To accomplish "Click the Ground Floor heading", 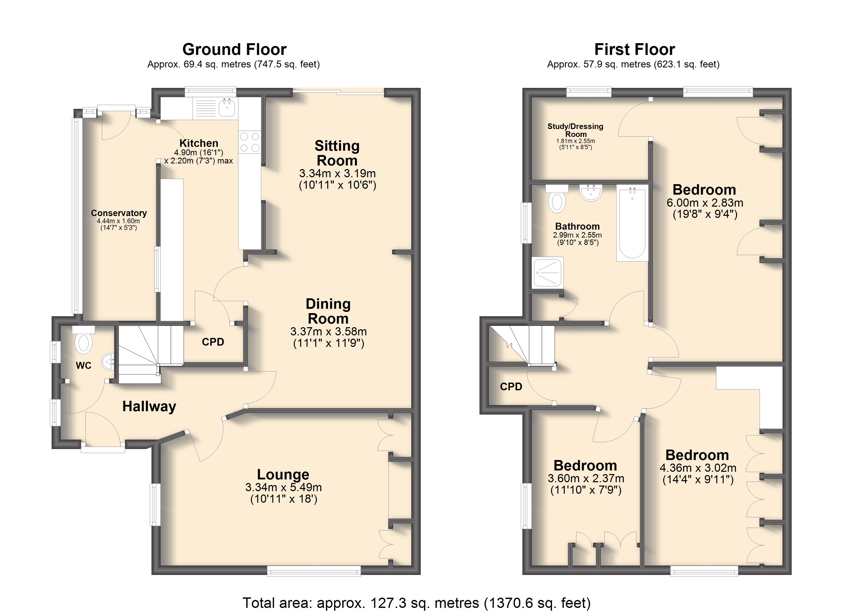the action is (x=234, y=50).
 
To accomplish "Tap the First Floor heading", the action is (x=635, y=50).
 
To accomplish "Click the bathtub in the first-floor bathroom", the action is (x=632, y=223).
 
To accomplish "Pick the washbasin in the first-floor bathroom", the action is (x=591, y=193).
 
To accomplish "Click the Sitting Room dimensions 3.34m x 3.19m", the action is (x=337, y=173).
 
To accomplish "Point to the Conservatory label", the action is (x=119, y=213).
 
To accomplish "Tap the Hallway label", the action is (x=149, y=407).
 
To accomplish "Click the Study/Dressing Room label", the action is (x=575, y=130).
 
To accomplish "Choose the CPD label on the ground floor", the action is (x=213, y=342).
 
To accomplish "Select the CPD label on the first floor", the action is (x=511, y=387).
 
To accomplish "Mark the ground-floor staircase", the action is (x=151, y=354).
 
